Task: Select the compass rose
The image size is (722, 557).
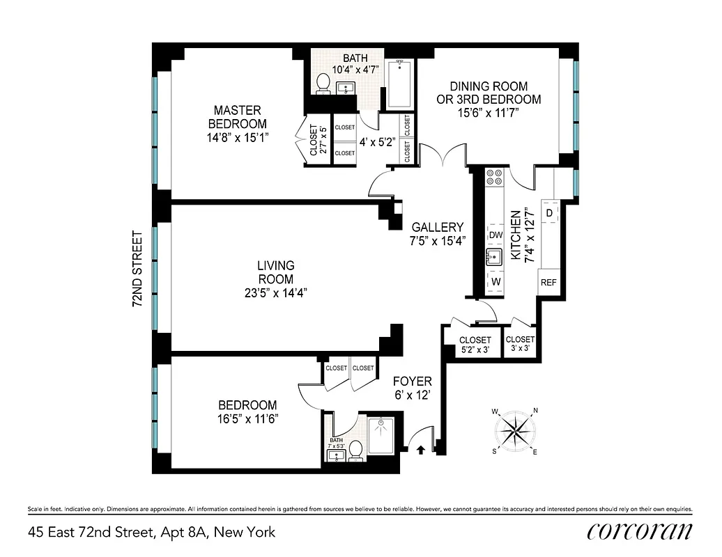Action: pyautogui.click(x=516, y=431)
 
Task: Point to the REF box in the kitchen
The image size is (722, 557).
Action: pyautogui.click(x=548, y=283)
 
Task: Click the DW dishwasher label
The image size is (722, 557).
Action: pyautogui.click(x=496, y=235)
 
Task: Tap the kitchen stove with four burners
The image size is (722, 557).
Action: pyautogui.click(x=495, y=178)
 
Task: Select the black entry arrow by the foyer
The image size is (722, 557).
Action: pyautogui.click(x=420, y=450)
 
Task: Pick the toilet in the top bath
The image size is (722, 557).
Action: pyautogui.click(x=323, y=82)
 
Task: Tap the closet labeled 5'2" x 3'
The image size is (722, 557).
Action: pyautogui.click(x=475, y=345)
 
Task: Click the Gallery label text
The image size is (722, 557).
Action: pyautogui.click(x=437, y=228)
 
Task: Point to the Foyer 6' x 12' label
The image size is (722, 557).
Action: pyautogui.click(x=412, y=388)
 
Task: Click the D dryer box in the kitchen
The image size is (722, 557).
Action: pyautogui.click(x=549, y=212)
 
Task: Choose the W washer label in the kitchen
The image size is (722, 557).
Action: pyautogui.click(x=496, y=281)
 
